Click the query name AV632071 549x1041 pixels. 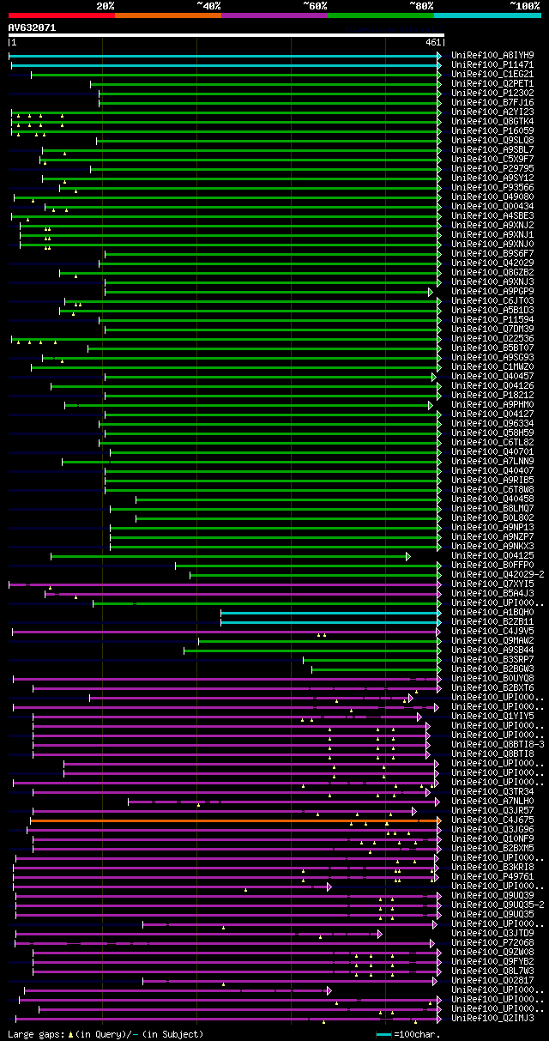33,27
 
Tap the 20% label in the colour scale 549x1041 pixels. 106,6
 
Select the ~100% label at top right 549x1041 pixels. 524,6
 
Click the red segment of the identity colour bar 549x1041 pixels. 61,15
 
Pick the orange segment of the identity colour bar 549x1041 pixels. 167,15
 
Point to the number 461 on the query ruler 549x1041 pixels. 433,42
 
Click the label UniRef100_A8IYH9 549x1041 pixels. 492,55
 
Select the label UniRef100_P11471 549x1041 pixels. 492,64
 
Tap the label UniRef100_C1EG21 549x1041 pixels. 492,74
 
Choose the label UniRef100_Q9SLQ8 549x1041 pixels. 492,140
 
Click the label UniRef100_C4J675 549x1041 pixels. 492,820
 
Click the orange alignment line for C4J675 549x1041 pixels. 232,820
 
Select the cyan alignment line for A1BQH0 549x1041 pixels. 330,613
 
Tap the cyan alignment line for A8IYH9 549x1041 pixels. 223,56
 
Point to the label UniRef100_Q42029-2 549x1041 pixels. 497,574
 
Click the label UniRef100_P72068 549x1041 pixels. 492,942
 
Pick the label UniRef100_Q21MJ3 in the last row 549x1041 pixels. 492,1018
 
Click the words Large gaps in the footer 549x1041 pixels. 35,1034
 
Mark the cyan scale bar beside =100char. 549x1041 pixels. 383,1034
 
